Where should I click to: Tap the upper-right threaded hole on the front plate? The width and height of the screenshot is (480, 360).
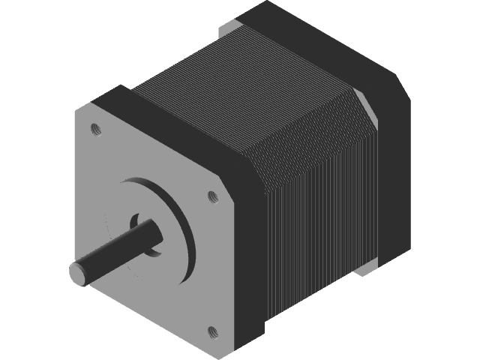pyautogui.click(x=212, y=196)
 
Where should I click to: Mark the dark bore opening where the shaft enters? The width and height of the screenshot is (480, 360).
pyautogui.click(x=136, y=220)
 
